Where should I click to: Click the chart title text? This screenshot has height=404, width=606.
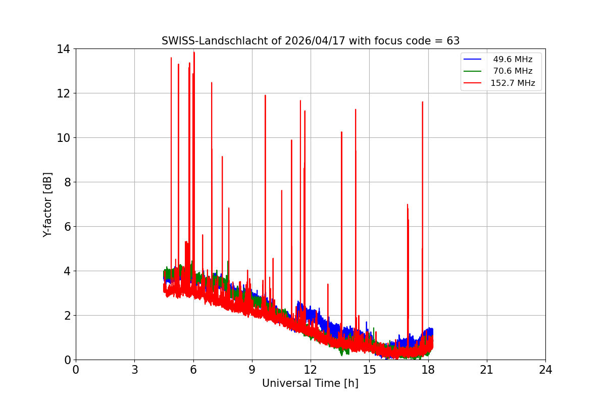(x=310, y=41)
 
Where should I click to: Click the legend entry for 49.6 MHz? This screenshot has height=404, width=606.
(x=513, y=60)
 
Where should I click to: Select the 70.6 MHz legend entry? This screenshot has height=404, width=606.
(x=513, y=71)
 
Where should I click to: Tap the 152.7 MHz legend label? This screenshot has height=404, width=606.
(x=513, y=83)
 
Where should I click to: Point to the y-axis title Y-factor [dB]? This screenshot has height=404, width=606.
(x=47, y=205)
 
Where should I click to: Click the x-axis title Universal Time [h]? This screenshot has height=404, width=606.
(x=310, y=384)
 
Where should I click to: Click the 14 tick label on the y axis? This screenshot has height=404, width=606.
(x=64, y=49)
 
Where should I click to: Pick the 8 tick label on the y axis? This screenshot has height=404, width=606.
(x=67, y=182)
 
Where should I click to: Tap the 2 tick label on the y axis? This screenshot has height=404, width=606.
(x=67, y=316)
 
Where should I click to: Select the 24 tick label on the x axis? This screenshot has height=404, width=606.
(x=545, y=370)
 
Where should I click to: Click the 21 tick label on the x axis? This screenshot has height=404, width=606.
(x=487, y=370)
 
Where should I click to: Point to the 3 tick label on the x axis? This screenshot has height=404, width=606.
(x=134, y=370)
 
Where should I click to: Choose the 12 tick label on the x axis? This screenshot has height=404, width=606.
(x=311, y=370)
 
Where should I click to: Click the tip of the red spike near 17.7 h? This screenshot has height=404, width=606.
(x=422, y=102)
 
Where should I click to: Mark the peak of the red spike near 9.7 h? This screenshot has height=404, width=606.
(x=265, y=95)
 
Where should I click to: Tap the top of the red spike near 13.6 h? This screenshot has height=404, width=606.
(x=341, y=132)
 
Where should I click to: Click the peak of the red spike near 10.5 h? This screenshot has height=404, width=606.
(x=281, y=190)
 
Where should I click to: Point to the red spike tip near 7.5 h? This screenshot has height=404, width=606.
(x=222, y=157)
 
